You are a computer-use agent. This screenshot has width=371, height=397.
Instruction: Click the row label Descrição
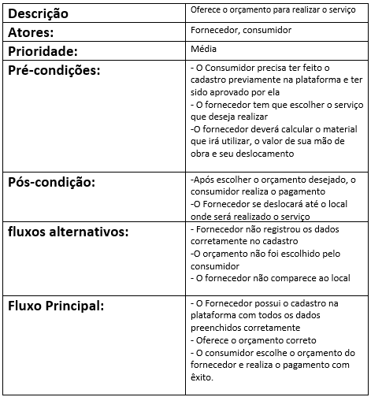pos(39,14)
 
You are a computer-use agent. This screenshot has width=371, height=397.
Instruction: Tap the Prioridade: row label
pos(43,52)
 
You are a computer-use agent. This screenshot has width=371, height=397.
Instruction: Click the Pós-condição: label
pos(51,183)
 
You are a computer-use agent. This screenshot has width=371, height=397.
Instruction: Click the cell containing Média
pos(204,50)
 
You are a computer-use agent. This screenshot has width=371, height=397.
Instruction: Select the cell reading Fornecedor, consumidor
pos(241,31)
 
